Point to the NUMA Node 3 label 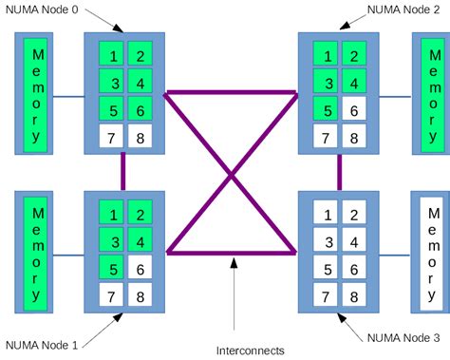403,336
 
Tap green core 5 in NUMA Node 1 111,269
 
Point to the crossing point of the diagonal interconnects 232,174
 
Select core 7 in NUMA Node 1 111,297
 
